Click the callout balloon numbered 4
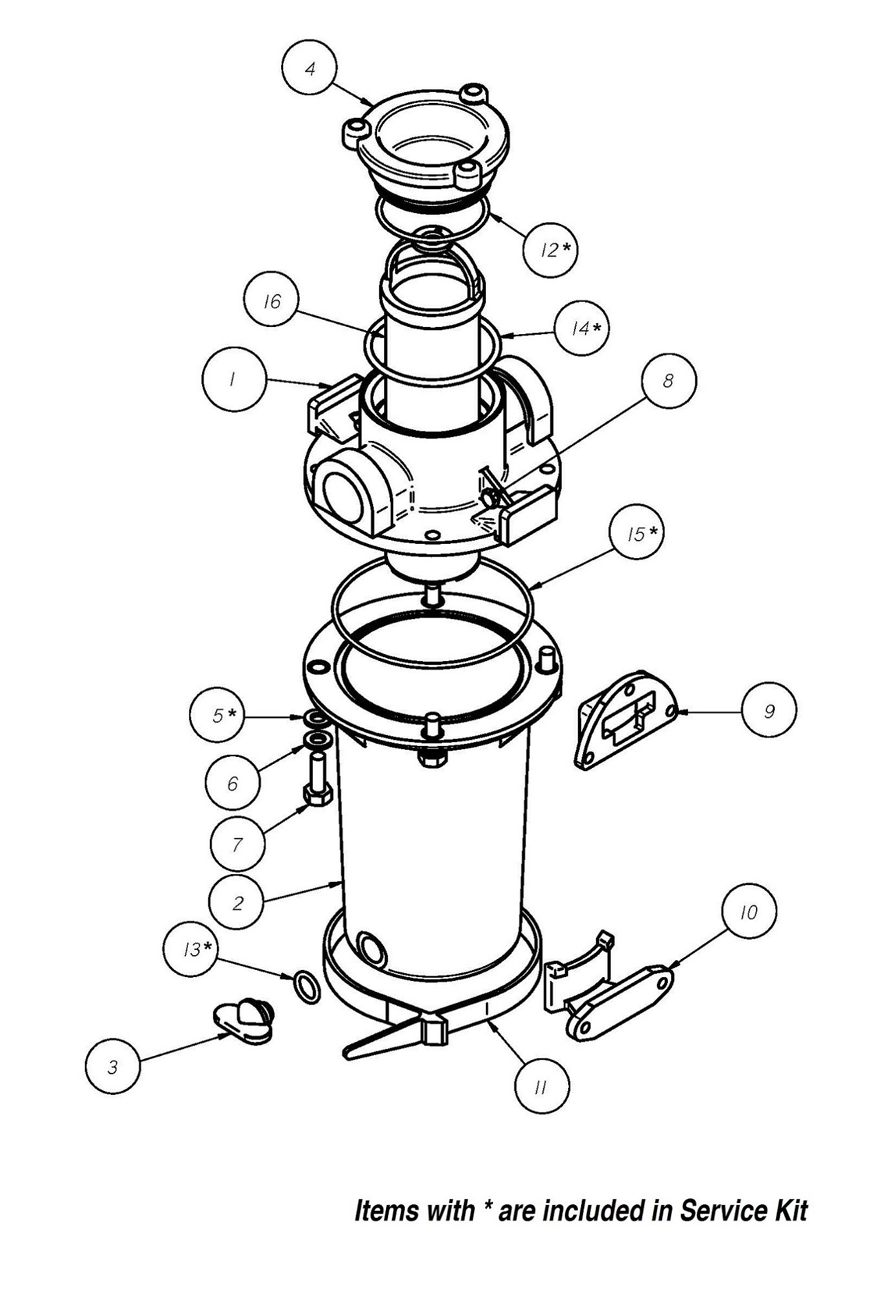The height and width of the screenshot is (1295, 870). tap(310, 69)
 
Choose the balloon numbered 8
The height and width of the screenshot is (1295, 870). tap(669, 381)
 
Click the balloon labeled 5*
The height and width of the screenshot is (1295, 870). tap(218, 715)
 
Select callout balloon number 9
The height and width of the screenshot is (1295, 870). tap(769, 712)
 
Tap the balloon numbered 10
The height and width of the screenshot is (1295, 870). tap(749, 912)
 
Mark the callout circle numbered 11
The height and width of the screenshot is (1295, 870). tap(542, 1087)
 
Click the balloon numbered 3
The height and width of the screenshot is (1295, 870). tap(113, 1066)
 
